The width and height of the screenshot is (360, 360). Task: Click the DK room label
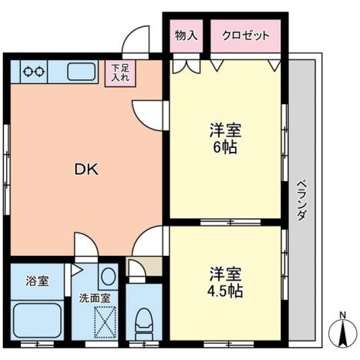click(86, 170)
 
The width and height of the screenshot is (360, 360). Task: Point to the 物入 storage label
click(186, 35)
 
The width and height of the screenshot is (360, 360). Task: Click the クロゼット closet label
click(246, 35)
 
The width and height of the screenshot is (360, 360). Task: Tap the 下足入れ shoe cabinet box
click(119, 72)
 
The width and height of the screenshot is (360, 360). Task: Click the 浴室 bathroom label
click(37, 281)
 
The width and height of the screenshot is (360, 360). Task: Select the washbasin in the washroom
click(107, 276)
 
